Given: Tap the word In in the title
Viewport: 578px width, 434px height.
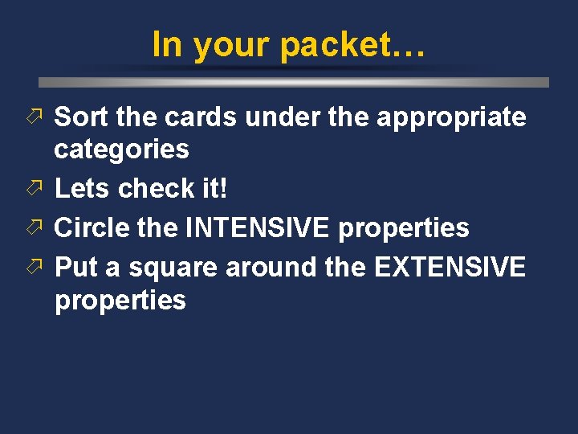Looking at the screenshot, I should [x=166, y=44].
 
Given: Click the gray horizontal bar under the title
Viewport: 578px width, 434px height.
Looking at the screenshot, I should [x=294, y=82].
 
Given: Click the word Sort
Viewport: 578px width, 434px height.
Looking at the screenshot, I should [x=81, y=117].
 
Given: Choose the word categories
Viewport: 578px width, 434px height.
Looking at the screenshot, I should [x=122, y=149].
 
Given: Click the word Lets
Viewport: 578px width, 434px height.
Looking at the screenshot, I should [x=81, y=189].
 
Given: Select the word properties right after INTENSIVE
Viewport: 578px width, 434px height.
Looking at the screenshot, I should [x=404, y=229].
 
